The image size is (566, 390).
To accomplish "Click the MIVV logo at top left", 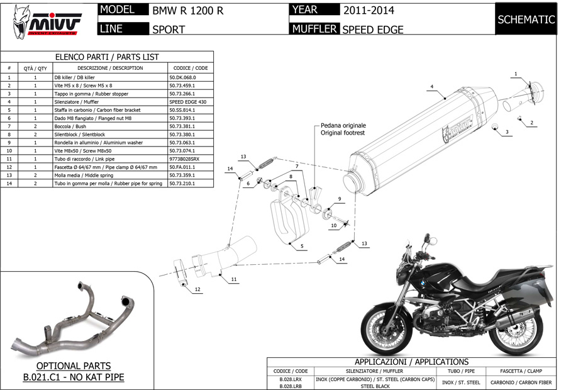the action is (x=46, y=21).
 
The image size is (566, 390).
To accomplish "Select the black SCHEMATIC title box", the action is (x=526, y=19).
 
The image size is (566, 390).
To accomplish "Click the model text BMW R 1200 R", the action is (x=187, y=11).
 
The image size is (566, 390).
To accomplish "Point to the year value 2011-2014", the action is (x=369, y=11).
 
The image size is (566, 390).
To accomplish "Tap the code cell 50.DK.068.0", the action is (x=182, y=77).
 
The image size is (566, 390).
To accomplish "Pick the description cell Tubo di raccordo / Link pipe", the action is (x=84, y=159).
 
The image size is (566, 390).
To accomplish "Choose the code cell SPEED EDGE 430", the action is (x=187, y=102).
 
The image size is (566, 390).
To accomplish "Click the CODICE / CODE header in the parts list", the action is (x=191, y=68).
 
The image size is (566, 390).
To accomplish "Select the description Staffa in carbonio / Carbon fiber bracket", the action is (x=97, y=110).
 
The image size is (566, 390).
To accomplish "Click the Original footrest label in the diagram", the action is (x=343, y=133).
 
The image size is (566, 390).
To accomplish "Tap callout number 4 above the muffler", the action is (x=431, y=87).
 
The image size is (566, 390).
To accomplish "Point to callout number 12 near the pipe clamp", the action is (x=197, y=289).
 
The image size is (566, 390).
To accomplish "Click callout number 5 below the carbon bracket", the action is (x=302, y=247).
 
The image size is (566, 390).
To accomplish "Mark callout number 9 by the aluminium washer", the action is (x=340, y=199).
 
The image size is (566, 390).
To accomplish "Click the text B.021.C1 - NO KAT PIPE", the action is (x=74, y=377).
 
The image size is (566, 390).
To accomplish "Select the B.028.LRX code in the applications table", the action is (x=290, y=379).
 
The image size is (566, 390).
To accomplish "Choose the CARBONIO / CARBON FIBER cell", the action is (x=521, y=382).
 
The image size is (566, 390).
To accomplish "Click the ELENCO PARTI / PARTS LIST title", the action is (x=107, y=57).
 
